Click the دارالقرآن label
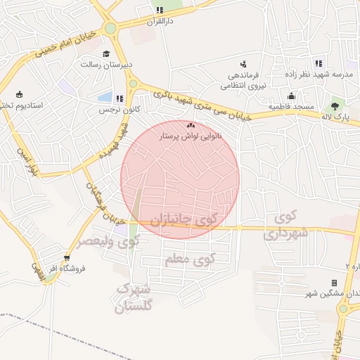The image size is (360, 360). (x=159, y=22)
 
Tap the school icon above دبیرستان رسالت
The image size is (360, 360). (x=107, y=53)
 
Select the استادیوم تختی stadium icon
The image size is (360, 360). (x=19, y=94)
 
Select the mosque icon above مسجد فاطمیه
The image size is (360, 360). (x=291, y=96)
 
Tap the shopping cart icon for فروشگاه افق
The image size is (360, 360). (x=67, y=257)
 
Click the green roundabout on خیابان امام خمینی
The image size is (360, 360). (x=110, y=29)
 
